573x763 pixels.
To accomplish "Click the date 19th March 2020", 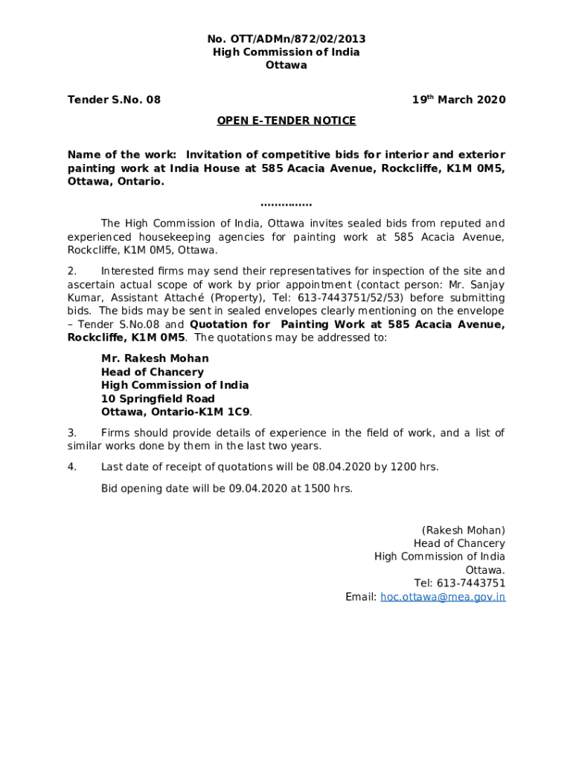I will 459,100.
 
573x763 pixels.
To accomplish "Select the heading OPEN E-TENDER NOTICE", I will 286,121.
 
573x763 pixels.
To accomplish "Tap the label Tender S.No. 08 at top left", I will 114,100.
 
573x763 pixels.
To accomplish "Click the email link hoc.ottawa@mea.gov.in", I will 443,597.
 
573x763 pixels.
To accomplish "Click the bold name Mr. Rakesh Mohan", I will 155,358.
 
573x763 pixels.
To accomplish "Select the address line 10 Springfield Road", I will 158,399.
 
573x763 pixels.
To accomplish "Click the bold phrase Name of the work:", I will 122,155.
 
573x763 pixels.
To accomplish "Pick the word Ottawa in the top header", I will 286,66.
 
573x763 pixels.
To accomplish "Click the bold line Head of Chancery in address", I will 152,372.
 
